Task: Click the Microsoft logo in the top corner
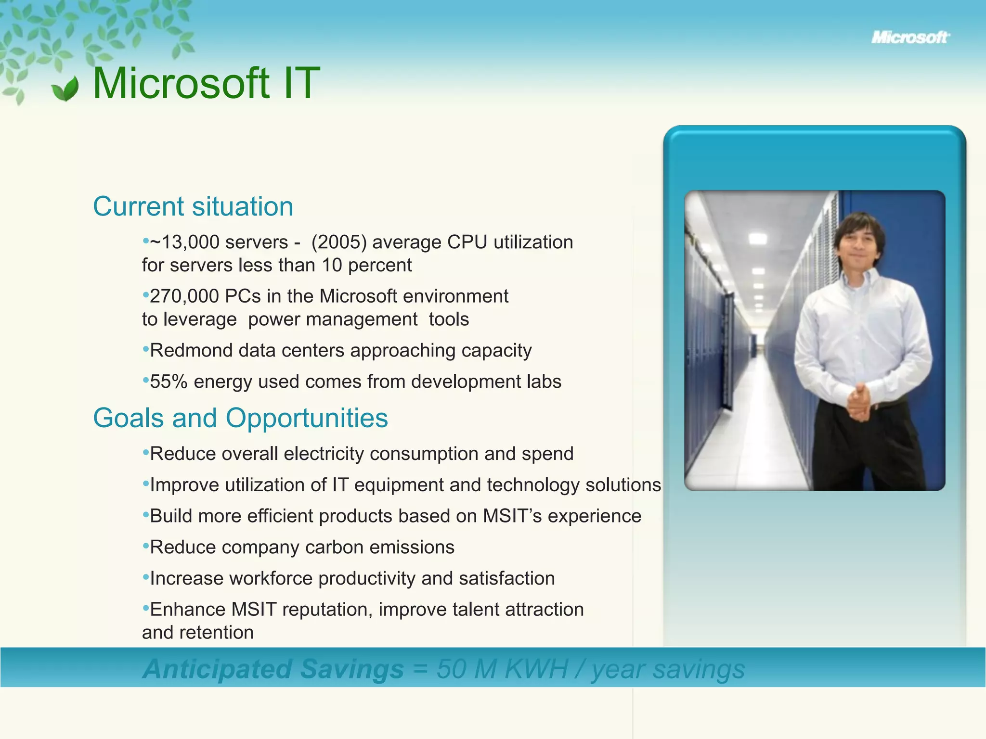point(910,38)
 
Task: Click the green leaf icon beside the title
point(65,89)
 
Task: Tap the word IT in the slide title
point(301,84)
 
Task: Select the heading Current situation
point(193,206)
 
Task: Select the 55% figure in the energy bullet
point(169,382)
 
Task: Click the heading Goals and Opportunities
point(240,418)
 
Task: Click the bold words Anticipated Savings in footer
point(273,669)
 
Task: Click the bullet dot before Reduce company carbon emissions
point(145,546)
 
